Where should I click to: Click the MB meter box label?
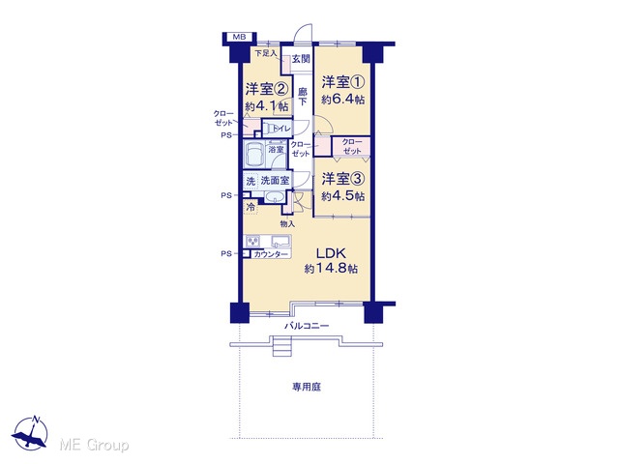(x=239, y=37)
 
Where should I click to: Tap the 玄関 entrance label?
(x=301, y=59)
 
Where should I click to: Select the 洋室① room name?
(x=342, y=82)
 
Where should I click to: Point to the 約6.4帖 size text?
(x=342, y=100)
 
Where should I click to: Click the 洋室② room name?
(x=267, y=89)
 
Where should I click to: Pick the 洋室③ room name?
(x=342, y=179)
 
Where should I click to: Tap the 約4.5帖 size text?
(x=342, y=196)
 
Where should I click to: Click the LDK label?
(x=331, y=253)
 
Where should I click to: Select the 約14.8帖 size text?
(x=331, y=269)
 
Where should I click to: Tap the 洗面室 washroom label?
(x=275, y=181)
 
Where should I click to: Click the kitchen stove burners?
(x=252, y=241)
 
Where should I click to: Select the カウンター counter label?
(x=271, y=254)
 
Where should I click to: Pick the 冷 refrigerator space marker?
(x=251, y=207)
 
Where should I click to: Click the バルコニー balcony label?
(x=307, y=326)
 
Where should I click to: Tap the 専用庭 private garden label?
(x=307, y=387)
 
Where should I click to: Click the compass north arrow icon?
(x=30, y=433)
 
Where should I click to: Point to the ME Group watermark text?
(x=94, y=445)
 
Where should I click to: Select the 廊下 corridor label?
(x=302, y=97)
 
